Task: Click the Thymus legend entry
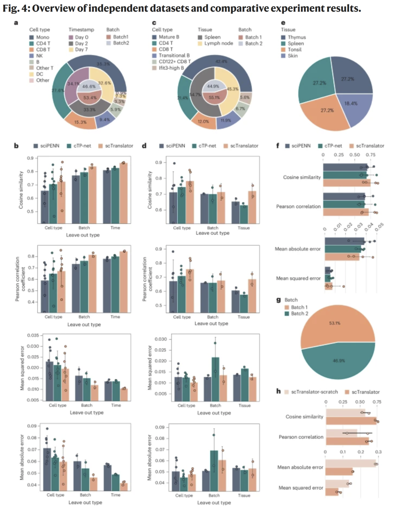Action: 297,37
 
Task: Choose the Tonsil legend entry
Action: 294,49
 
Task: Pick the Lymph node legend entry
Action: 218,43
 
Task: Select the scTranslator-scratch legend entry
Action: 314,392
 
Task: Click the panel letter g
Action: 279,300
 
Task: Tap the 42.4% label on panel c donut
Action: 221,62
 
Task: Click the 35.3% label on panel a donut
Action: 103,64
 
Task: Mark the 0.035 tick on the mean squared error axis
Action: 33,335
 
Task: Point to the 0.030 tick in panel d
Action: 161,339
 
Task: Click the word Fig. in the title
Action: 11,8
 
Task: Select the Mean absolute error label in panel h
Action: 300,467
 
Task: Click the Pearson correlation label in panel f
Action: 298,207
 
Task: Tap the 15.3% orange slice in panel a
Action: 80,122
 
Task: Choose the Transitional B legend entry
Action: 174,56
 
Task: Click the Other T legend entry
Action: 45,68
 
